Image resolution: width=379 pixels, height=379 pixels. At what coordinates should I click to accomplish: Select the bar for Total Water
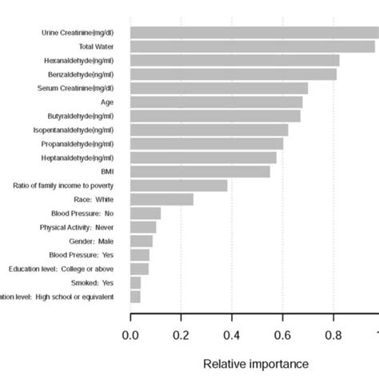(x=252, y=46)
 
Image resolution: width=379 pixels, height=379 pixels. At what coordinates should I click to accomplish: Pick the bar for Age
(x=216, y=102)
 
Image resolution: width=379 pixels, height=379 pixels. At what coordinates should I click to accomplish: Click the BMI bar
(x=200, y=171)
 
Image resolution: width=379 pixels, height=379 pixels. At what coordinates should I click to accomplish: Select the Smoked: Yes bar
(x=135, y=282)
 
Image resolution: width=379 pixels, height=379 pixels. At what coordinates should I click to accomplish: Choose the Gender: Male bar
(x=141, y=241)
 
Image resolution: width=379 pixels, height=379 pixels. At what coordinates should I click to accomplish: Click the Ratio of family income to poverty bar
(x=178, y=186)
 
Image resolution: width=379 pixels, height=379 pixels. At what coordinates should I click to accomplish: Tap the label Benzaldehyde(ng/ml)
(x=78, y=74)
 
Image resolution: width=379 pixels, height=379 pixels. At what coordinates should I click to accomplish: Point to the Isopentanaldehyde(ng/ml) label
(x=73, y=130)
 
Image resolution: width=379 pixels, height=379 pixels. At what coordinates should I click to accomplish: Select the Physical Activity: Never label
(x=76, y=227)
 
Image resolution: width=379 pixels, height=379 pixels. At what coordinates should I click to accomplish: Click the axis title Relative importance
(x=254, y=365)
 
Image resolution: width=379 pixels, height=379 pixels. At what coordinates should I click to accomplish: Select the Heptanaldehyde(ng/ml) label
(x=78, y=158)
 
